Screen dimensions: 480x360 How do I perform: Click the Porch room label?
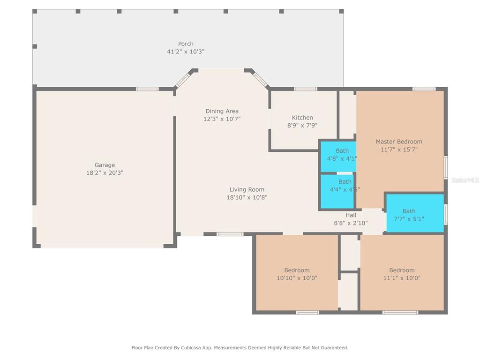(x=186, y=44)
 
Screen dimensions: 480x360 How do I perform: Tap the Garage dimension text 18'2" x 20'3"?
(x=105, y=172)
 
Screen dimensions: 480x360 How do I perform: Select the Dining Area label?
(x=222, y=111)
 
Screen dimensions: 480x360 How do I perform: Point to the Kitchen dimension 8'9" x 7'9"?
(x=302, y=125)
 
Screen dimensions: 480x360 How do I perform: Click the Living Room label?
(x=247, y=189)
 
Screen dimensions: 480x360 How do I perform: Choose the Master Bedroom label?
(x=399, y=142)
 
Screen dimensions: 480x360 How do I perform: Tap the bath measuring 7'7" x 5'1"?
(x=415, y=213)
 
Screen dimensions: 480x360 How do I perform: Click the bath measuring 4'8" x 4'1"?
(x=338, y=156)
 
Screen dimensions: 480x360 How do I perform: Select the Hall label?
(x=351, y=215)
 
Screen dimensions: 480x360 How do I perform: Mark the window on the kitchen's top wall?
(x=306, y=89)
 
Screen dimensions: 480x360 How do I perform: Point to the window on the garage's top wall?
(x=147, y=89)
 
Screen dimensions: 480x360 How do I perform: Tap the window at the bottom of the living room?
(x=230, y=234)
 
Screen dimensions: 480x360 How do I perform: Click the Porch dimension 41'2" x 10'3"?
(x=186, y=52)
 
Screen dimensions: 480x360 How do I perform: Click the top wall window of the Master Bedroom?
(x=424, y=89)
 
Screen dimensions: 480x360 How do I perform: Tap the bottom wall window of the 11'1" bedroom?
(x=400, y=313)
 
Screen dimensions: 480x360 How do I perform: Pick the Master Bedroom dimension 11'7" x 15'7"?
(x=399, y=150)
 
